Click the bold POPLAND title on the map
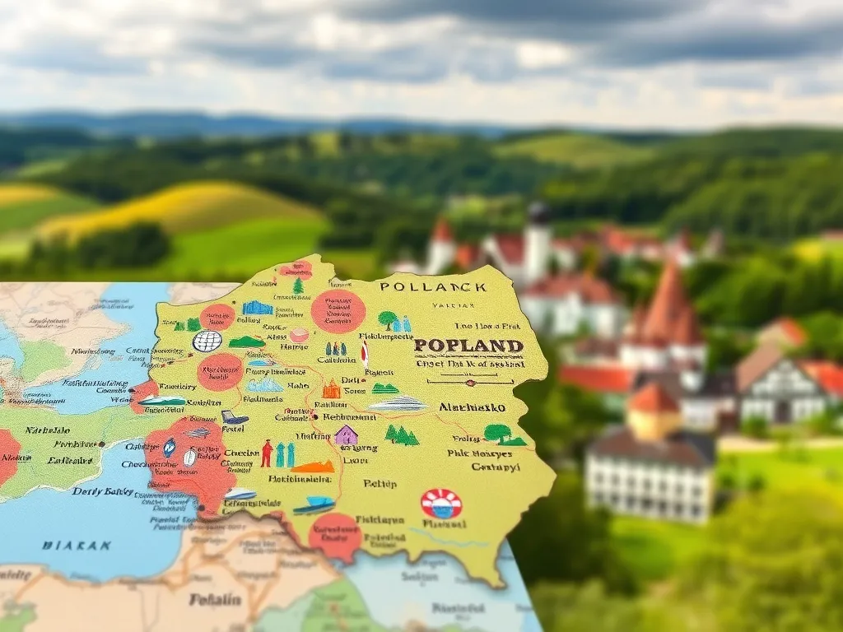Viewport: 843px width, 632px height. pos(468,346)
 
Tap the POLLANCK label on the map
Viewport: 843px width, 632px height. pos(433,288)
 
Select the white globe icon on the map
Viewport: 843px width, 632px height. pos(207,341)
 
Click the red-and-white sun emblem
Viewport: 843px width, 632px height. pos(441,503)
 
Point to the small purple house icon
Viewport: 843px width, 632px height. pos(346,434)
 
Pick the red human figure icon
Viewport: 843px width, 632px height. pos(267,453)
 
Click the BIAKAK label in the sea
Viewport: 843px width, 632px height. pos(77,545)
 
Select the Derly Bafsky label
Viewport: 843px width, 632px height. pos(104,491)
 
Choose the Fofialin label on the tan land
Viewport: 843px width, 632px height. pos(217,599)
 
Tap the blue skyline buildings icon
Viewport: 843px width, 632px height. pos(257,308)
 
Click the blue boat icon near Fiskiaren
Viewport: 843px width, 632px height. pos(314,504)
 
